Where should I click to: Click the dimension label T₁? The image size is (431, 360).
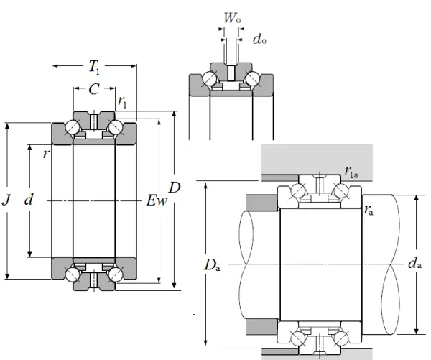tap(94, 68)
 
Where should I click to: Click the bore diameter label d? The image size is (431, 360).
tap(29, 200)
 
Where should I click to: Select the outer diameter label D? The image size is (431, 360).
tap(175, 188)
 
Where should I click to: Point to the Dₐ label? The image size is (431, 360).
tap(215, 265)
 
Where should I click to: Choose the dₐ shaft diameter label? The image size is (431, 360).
tap(414, 264)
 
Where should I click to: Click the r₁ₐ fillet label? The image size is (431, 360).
tap(352, 172)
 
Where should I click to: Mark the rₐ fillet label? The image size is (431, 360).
tap(369, 211)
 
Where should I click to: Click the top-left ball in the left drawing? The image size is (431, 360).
tap(73, 126)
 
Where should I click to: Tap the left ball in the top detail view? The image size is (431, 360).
tap(210, 78)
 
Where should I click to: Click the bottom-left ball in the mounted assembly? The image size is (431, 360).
tap(296, 336)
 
